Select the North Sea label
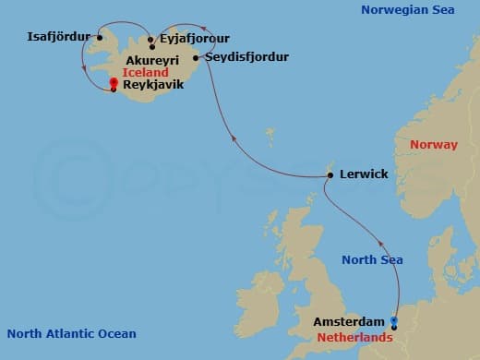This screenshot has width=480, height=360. (x=372, y=260)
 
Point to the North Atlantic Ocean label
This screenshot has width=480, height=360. (x=71, y=334)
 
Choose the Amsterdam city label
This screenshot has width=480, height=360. (x=349, y=321)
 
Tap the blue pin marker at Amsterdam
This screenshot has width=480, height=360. (x=394, y=322)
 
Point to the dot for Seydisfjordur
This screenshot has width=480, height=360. (x=196, y=57)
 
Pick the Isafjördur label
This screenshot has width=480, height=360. (x=60, y=37)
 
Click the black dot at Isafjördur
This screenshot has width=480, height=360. (x=99, y=38)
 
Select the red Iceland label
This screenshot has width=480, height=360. (x=145, y=71)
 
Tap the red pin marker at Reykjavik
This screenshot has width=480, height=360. (x=113, y=83)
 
